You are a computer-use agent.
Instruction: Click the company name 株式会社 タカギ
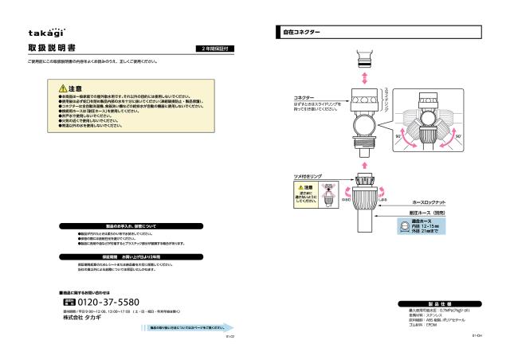pyautogui.click(x=84, y=318)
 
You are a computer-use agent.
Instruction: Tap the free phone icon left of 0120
pyautogui.click(x=67, y=303)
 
